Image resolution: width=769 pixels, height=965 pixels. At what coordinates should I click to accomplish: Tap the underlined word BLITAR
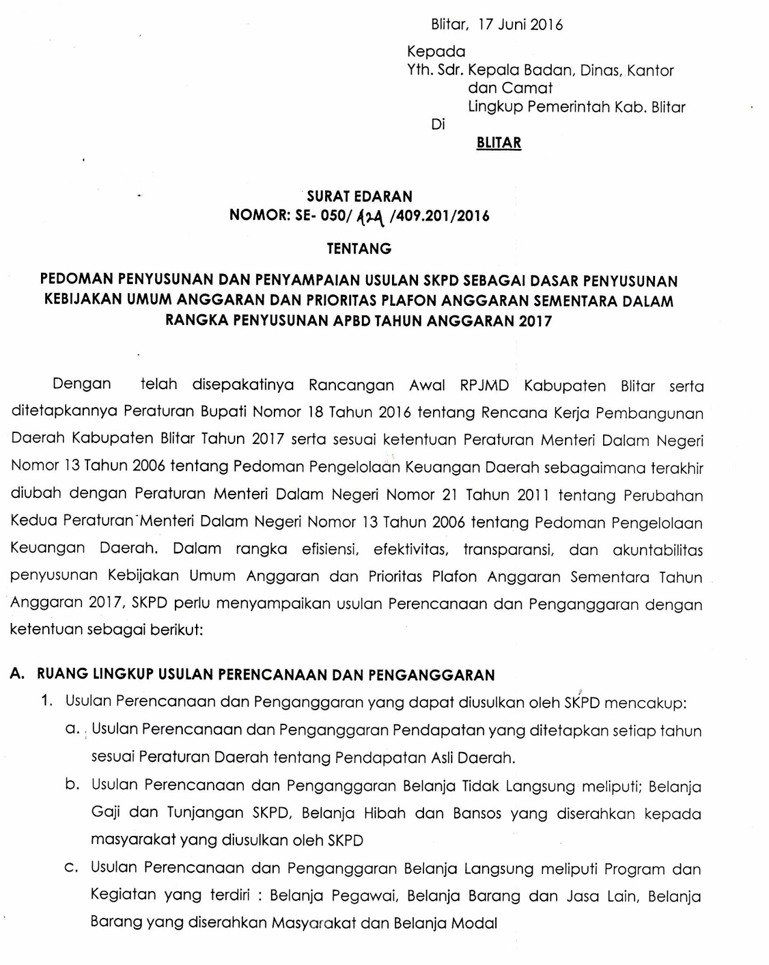point(498,143)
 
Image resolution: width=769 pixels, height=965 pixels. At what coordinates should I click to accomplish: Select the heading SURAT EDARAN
point(359,196)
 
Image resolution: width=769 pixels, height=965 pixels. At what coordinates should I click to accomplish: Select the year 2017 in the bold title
point(534,321)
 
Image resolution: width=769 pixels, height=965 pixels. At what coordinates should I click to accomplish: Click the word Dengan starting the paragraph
point(82,384)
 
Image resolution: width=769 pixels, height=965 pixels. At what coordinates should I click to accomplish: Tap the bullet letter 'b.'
point(72,785)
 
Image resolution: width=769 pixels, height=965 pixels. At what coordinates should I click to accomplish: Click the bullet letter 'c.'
point(72,868)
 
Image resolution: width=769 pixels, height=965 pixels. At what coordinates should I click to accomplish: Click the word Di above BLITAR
point(438,125)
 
